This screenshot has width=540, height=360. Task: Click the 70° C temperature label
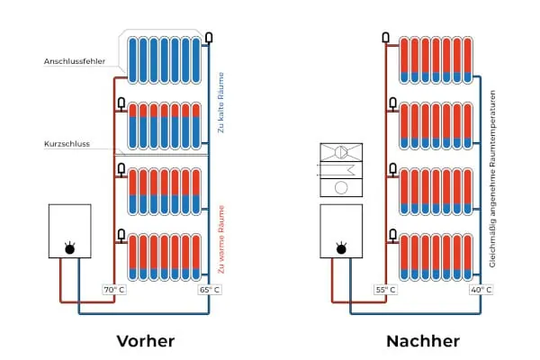click(112, 290)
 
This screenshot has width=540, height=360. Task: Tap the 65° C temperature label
click(209, 290)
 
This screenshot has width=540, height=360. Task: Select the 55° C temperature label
click(385, 290)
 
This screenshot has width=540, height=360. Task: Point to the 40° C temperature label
click(481, 290)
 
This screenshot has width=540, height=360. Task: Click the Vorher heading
click(145, 341)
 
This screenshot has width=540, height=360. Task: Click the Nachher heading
click(422, 341)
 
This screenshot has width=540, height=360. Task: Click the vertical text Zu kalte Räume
click(222, 103)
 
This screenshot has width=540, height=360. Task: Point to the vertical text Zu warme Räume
click(222, 238)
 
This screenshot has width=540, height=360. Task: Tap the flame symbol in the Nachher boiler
click(340, 247)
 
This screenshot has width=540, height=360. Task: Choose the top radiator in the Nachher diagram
click(434, 59)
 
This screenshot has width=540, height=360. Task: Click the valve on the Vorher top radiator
click(208, 37)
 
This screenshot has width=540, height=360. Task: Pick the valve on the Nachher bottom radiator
click(392, 234)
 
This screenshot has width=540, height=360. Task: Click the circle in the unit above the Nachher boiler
click(340, 188)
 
